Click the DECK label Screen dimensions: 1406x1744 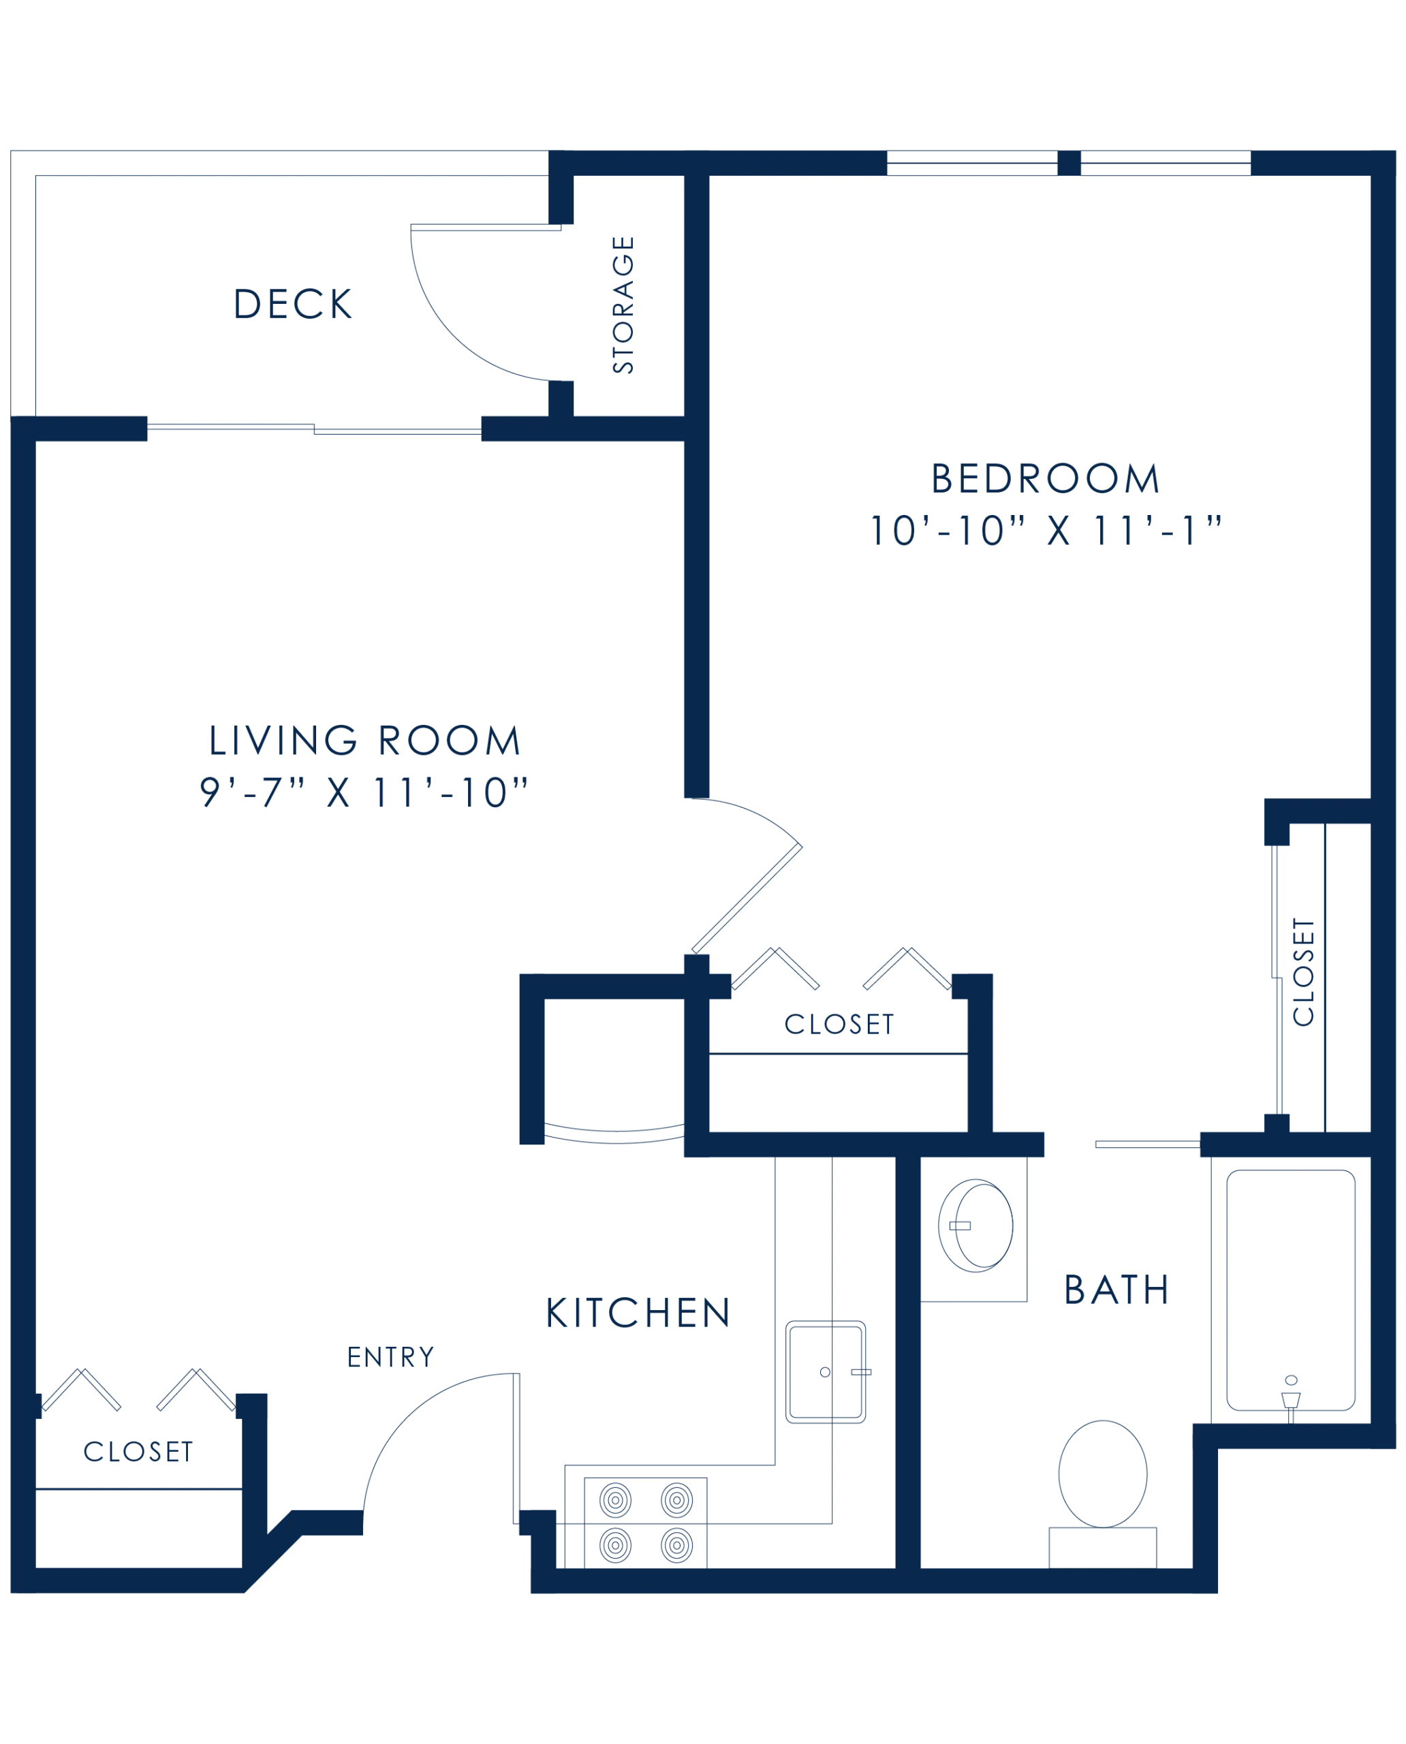(292, 305)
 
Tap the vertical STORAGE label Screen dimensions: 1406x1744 (623, 305)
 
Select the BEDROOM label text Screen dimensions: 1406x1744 (1045, 479)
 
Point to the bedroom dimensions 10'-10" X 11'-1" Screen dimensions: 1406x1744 (1045, 531)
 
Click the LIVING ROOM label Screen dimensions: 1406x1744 (364, 741)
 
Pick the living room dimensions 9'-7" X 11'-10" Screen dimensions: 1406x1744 (364, 792)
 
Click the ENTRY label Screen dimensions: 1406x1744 (390, 1357)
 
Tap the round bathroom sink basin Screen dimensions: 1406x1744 (975, 1226)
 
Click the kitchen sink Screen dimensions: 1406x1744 (826, 1372)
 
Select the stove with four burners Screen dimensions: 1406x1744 (646, 1523)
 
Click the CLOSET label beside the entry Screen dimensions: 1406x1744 (138, 1452)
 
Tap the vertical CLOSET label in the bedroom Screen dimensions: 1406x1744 (1303, 971)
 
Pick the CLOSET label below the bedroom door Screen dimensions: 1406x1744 (839, 1024)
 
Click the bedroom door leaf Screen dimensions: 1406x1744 (747, 899)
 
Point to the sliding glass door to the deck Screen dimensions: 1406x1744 (314, 429)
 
